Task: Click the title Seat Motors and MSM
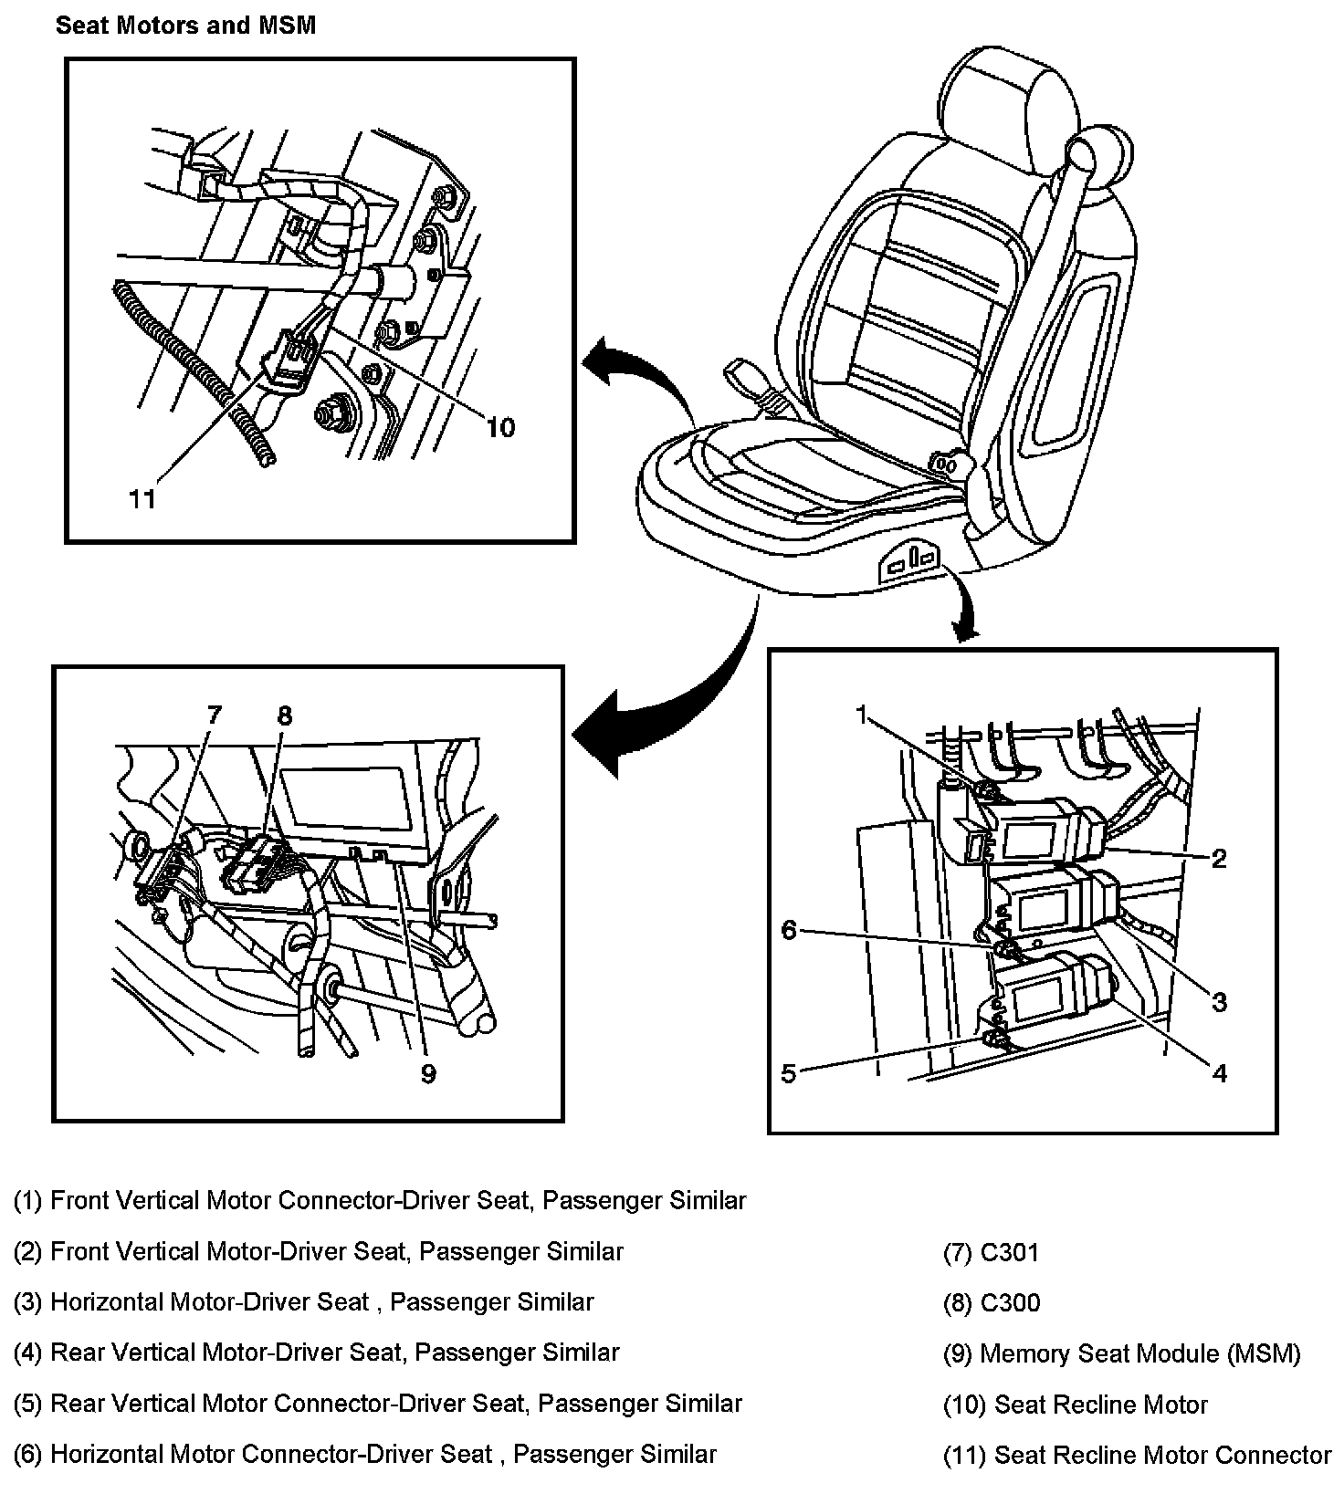[x=185, y=26]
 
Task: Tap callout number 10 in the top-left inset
[x=500, y=427]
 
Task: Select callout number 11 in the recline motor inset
[x=142, y=498]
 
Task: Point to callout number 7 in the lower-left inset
[x=214, y=715]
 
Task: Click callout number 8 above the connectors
[x=284, y=715]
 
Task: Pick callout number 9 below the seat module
[x=428, y=1073]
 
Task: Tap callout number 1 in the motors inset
[x=861, y=715]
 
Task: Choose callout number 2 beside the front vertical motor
[x=1219, y=858]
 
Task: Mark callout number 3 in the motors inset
[x=1219, y=1002]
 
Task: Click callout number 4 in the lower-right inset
[x=1219, y=1073]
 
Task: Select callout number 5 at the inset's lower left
[x=789, y=1073]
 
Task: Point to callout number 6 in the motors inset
[x=789, y=930]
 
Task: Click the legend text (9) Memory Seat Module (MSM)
[x=1121, y=1353]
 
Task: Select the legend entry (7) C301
[x=991, y=1252]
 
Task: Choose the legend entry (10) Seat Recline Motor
[x=1075, y=1405]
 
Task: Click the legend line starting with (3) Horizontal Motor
[x=303, y=1302]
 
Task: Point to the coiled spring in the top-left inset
[x=192, y=374]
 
